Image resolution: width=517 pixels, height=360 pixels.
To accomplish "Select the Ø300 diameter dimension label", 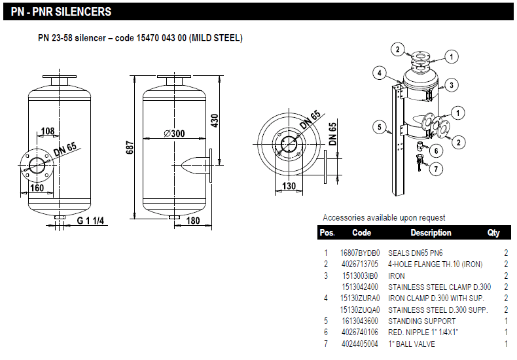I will tap(174, 134).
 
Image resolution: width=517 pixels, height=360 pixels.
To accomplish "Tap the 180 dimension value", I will tap(193, 221).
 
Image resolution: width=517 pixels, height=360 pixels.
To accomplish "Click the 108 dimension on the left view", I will tap(47, 132).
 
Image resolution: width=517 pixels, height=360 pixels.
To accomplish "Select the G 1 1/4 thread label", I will tap(90, 221).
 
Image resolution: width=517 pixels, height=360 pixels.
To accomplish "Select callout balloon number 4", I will tap(379, 73).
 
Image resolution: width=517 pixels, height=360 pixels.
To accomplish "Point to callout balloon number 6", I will tap(437, 151).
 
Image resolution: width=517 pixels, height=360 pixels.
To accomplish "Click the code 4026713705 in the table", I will tap(359, 264).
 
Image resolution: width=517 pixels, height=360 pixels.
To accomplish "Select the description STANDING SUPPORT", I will tap(421, 321).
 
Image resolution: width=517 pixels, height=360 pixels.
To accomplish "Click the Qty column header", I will tap(493, 232).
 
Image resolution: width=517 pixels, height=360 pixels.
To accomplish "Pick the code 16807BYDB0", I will tap(360, 253).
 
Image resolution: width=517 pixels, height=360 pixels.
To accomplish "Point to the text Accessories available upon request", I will tap(383, 217).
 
